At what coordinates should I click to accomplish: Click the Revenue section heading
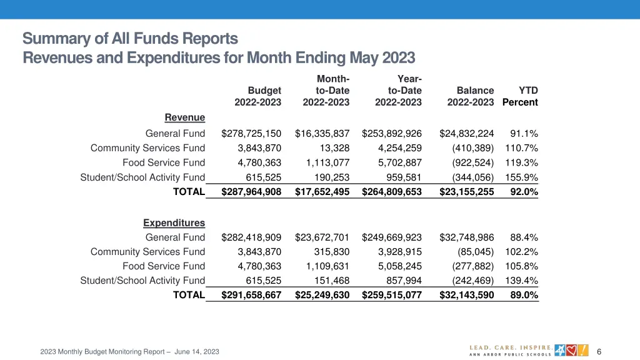click(184, 117)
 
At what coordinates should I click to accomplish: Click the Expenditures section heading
click(174, 222)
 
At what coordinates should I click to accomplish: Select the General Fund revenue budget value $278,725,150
click(251, 133)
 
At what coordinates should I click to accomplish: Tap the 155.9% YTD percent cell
click(524, 177)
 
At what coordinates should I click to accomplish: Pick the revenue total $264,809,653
click(392, 192)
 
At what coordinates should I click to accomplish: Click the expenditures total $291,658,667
click(251, 295)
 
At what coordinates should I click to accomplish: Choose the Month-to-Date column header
click(326, 91)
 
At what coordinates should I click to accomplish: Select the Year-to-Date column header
click(398, 91)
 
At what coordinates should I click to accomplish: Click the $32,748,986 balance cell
click(466, 237)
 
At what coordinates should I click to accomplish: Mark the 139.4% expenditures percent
click(524, 281)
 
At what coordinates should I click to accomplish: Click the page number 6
click(599, 351)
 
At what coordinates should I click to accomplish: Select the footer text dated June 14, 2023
click(129, 352)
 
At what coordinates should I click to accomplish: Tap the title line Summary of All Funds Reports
click(130, 39)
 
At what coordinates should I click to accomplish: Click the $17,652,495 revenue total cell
click(322, 192)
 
